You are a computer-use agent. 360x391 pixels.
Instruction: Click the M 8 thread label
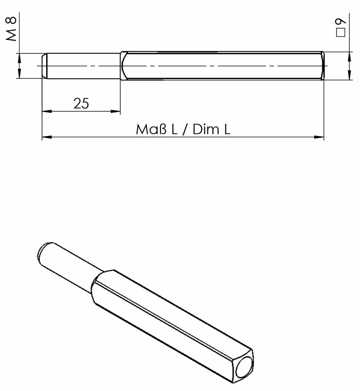[x=11, y=29]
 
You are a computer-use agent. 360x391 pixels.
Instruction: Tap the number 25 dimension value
[x=81, y=103]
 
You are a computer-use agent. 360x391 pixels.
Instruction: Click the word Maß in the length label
[x=151, y=129]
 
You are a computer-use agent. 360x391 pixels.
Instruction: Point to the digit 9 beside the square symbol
[x=340, y=21]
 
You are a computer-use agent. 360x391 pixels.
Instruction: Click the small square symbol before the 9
[x=340, y=32]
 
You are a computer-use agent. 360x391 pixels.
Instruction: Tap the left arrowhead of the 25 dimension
[x=47, y=111]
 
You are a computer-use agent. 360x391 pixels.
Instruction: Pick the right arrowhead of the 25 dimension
[x=115, y=111]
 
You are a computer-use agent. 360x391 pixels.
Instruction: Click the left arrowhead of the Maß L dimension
[x=47, y=137]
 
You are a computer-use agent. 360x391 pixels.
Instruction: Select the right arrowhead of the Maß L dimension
[x=319, y=137]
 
